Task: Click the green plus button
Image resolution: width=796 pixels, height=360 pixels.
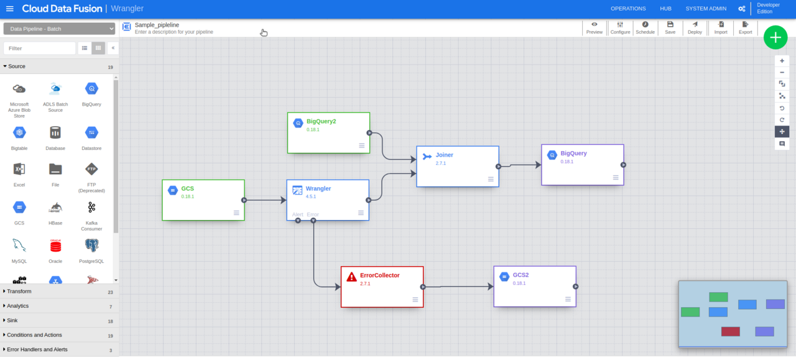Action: point(775,38)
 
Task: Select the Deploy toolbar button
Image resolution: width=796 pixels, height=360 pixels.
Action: point(695,28)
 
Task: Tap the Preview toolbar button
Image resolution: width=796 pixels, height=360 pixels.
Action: point(595,28)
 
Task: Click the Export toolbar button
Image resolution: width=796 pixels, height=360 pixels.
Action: point(745,28)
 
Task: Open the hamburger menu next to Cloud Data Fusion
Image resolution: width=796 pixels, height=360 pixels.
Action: point(9,9)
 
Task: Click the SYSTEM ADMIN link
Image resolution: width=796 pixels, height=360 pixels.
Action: point(706,9)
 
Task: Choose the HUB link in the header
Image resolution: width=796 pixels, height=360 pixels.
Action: point(665,9)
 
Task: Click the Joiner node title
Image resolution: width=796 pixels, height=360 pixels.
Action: point(444,155)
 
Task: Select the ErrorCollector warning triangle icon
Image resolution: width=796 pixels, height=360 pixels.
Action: point(351,277)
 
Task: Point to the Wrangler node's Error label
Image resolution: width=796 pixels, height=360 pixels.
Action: point(312,215)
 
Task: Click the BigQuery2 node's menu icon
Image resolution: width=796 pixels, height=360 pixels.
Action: point(361,145)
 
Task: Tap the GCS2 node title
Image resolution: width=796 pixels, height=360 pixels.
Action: point(521,275)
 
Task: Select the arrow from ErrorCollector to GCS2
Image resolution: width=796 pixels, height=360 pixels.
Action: point(458,287)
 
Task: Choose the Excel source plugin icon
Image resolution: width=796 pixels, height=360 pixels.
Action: point(19,169)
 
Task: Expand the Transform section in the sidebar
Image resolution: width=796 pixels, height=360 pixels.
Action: point(19,292)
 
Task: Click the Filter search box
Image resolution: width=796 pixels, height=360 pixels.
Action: point(39,48)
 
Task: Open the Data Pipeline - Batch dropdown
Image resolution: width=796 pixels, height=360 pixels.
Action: point(59,29)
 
